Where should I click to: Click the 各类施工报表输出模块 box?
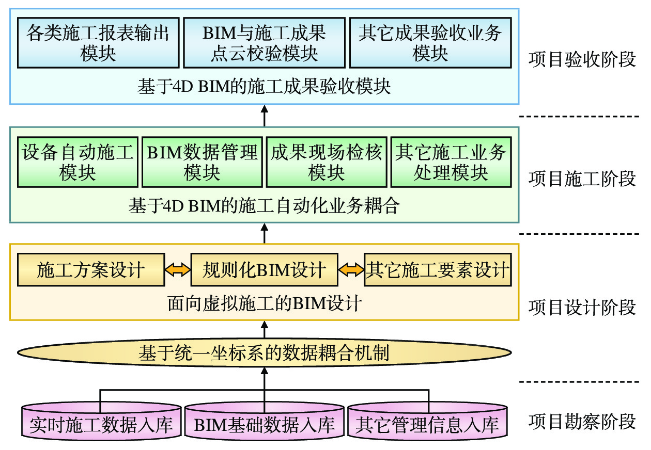[x=98, y=43]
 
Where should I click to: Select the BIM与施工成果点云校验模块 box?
[x=264, y=43]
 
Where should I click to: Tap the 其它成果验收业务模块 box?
[x=430, y=43]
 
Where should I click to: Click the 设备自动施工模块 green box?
[x=78, y=162]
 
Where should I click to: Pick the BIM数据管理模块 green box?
[x=202, y=162]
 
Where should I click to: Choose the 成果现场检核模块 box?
[x=327, y=162]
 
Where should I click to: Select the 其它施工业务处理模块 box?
[x=451, y=162]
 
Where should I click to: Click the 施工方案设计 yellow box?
[x=91, y=269]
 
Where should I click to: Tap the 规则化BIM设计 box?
[x=264, y=269]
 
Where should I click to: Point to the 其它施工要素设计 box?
[x=438, y=269]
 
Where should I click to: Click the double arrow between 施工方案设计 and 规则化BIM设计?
[x=178, y=270]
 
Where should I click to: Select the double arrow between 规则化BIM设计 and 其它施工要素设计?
[x=351, y=270]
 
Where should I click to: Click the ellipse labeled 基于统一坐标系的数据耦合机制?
[x=263, y=353]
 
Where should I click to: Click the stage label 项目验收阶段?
[x=582, y=59]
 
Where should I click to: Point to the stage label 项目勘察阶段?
[x=582, y=422]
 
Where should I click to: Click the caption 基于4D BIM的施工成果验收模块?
[x=264, y=86]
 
